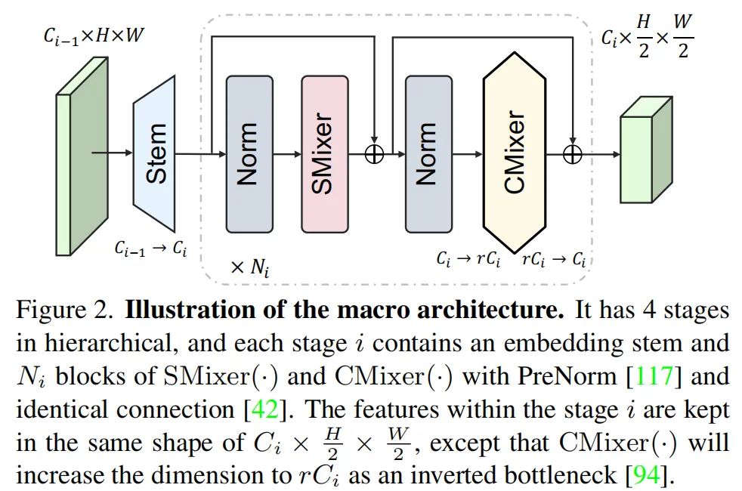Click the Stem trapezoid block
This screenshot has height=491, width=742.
pos(158,154)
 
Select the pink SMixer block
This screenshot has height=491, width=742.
pos(324,153)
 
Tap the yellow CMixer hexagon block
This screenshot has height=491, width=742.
pos(514,153)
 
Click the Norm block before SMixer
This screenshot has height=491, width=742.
pos(249,153)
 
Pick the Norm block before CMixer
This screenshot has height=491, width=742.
pos(428,153)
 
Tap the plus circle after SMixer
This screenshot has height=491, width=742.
pos(375,154)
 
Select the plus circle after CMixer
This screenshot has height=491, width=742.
pos(573,154)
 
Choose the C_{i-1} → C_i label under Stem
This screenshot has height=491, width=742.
pos(151,249)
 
